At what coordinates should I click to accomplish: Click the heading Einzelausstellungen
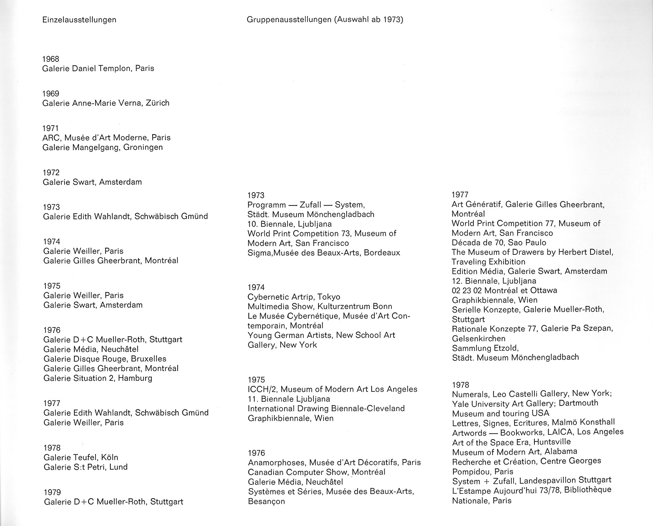coord(79,20)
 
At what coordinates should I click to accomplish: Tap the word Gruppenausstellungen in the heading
coord(289,20)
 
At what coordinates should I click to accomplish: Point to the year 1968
coord(51,59)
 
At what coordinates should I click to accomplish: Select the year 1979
coord(52,492)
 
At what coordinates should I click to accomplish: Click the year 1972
coord(51,173)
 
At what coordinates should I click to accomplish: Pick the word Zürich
coord(157,103)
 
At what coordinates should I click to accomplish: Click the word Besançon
coord(266,501)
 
